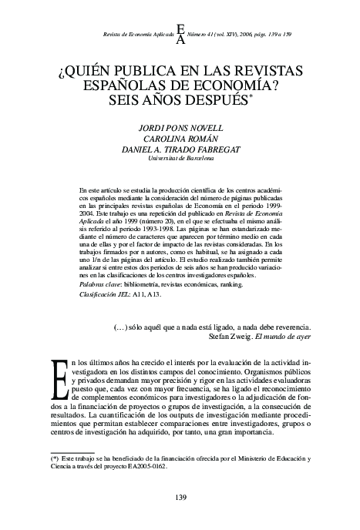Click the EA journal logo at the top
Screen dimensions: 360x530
(180, 34)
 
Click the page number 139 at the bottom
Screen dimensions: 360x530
(180, 496)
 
